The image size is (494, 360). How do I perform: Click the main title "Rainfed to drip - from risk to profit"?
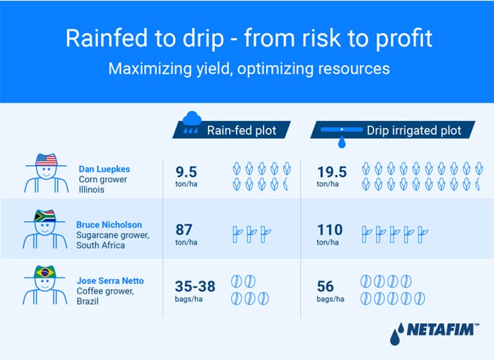[248, 38]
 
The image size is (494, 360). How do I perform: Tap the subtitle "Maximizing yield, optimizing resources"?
[248, 68]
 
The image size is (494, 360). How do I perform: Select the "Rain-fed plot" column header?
[241, 130]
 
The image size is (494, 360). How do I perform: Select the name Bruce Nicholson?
[109, 225]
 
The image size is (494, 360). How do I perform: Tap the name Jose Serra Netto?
[111, 281]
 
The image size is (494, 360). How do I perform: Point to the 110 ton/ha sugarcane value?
[330, 233]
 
